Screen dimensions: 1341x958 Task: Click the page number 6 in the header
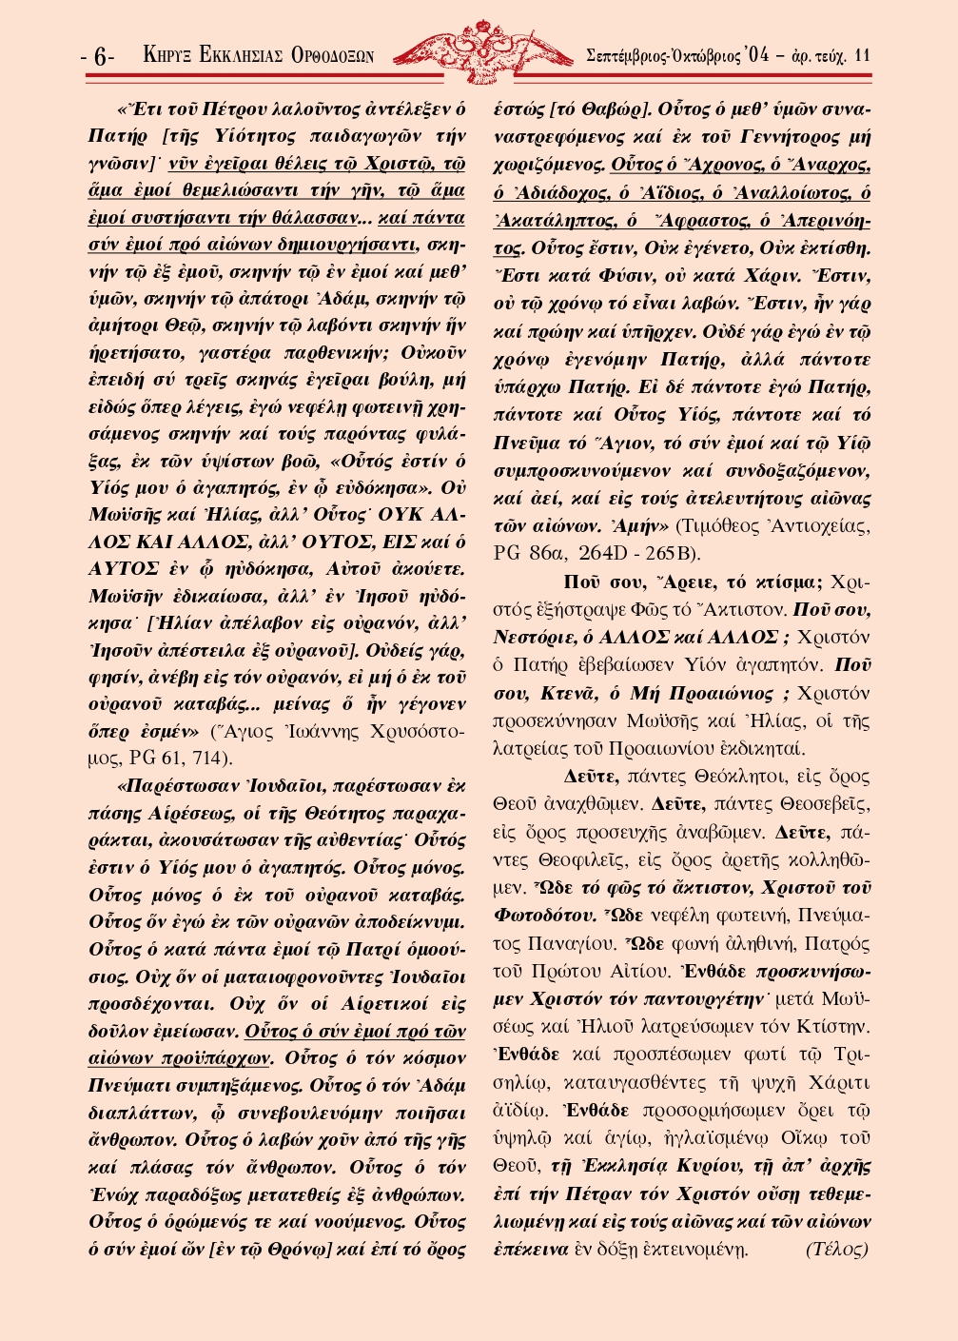point(100,56)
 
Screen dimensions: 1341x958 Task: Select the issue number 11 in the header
point(862,55)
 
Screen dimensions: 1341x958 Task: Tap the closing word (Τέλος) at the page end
point(837,1249)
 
